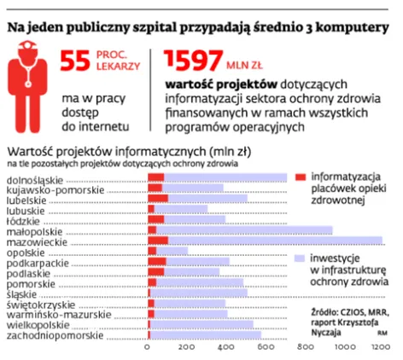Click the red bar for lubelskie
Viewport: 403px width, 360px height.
[157, 198]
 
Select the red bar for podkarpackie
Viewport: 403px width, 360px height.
[156, 262]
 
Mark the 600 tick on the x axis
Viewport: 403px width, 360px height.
[263, 349]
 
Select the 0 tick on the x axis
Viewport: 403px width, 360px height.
[148, 349]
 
